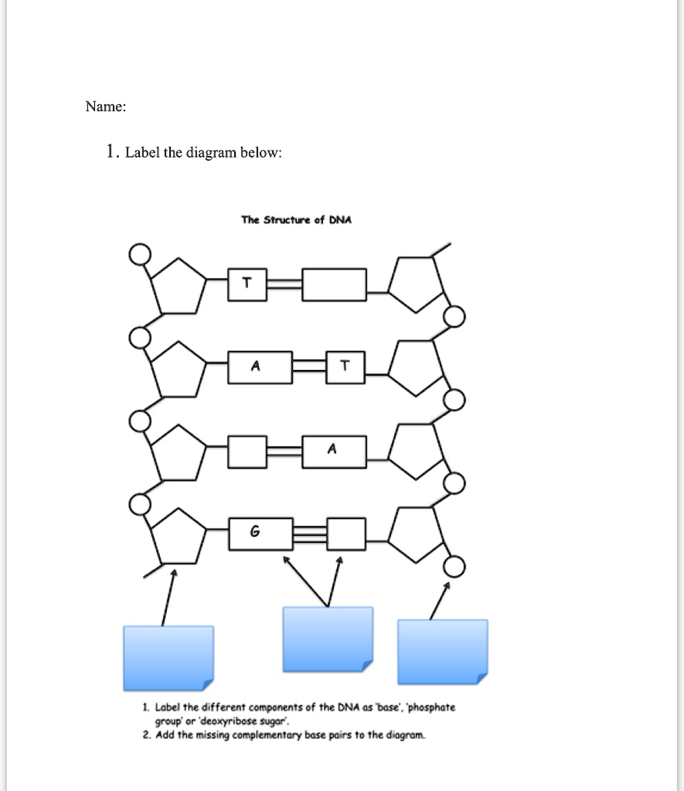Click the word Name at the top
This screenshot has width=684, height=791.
tap(103, 107)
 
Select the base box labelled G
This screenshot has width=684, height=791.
tap(255, 532)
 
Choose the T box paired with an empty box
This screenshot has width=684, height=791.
tap(247, 283)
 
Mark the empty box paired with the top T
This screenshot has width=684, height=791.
tap(334, 284)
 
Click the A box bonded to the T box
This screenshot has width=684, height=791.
tap(260, 367)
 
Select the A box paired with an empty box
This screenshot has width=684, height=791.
tap(334, 451)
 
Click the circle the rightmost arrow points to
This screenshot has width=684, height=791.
tap(455, 568)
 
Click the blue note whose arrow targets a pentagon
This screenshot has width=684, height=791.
tap(168, 657)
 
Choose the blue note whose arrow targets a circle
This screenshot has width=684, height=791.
tap(442, 652)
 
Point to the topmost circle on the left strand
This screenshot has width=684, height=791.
tap(139, 253)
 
